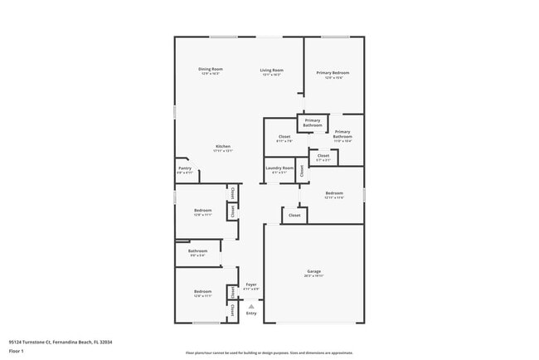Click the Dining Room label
coord(211,70)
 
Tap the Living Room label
coord(271,71)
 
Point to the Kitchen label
coord(223,147)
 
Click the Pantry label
coord(185,168)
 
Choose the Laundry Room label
coord(279,168)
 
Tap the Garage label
coord(314,271)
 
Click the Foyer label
coord(250,285)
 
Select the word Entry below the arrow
coord(251,313)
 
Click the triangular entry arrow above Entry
coord(251,305)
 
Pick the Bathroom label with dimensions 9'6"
coord(197,251)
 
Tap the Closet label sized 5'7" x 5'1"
coord(323,156)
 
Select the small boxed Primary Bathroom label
coord(312,122)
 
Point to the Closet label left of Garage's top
coord(294,215)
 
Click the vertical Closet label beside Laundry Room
coord(303,171)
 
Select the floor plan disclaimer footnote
coord(269,352)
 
